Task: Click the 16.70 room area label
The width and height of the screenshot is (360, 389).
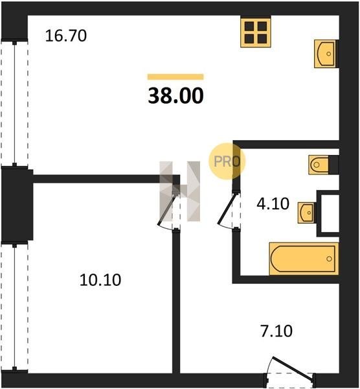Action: (66, 36)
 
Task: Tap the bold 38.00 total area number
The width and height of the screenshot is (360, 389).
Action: (175, 96)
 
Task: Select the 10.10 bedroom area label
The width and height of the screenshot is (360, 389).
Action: (100, 280)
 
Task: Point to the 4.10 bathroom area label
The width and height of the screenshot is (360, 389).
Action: (273, 204)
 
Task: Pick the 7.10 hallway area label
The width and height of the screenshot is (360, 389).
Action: (276, 331)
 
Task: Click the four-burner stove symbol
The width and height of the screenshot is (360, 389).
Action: (256, 32)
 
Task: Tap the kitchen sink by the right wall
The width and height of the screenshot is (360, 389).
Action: (326, 54)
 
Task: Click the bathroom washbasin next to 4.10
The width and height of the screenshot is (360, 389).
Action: (307, 213)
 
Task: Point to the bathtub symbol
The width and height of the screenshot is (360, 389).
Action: (304, 259)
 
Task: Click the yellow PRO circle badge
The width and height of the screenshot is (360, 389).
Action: (227, 161)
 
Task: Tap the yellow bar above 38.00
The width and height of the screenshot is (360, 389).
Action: (175, 77)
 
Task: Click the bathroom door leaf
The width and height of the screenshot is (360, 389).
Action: (226, 209)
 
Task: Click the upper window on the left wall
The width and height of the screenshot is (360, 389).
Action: (14, 104)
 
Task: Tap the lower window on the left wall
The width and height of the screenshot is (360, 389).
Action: (14, 307)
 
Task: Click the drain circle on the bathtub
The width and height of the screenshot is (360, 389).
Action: (329, 259)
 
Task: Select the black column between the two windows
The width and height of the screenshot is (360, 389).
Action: (17, 205)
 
